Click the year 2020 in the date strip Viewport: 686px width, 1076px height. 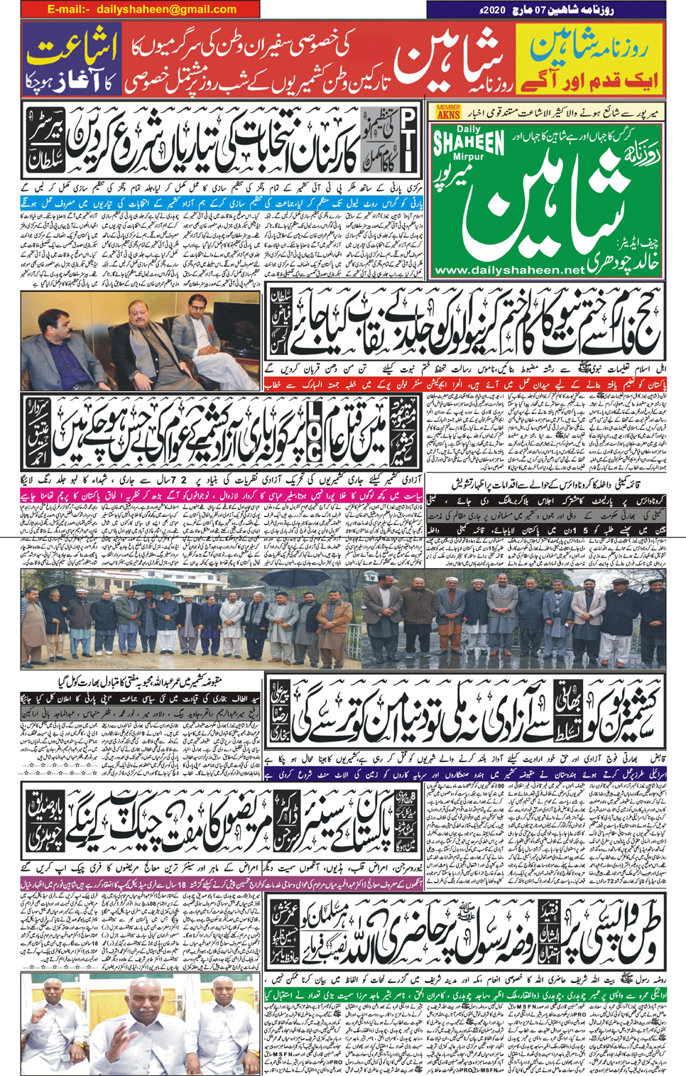click(489, 9)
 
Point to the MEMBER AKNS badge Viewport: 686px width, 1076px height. click(448, 111)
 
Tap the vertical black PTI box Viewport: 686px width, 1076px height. click(409, 140)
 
